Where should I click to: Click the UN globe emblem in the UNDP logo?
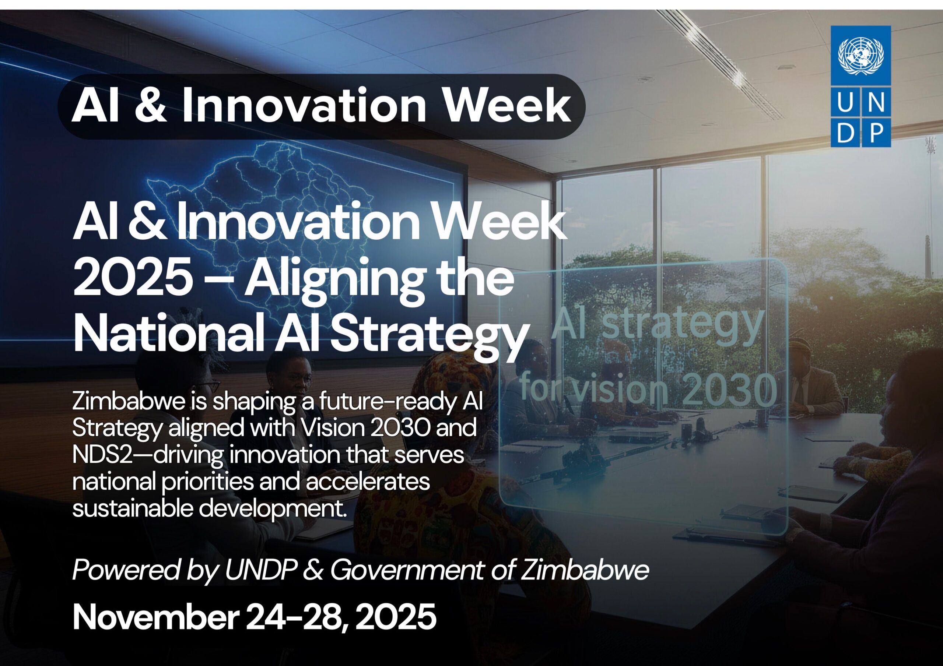click(860, 56)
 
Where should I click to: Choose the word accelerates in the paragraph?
click(368, 482)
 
